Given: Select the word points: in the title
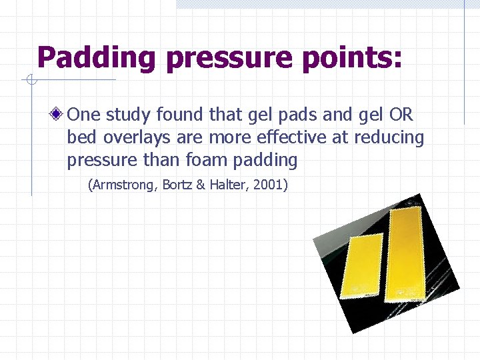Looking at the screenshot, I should [351, 59].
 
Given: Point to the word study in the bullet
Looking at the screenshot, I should [129, 115].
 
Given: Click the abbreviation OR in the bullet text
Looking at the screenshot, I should [401, 115].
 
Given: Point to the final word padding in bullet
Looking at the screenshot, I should [265, 160].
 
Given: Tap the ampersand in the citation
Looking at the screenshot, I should [201, 185].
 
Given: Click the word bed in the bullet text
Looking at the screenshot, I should [79, 137].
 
